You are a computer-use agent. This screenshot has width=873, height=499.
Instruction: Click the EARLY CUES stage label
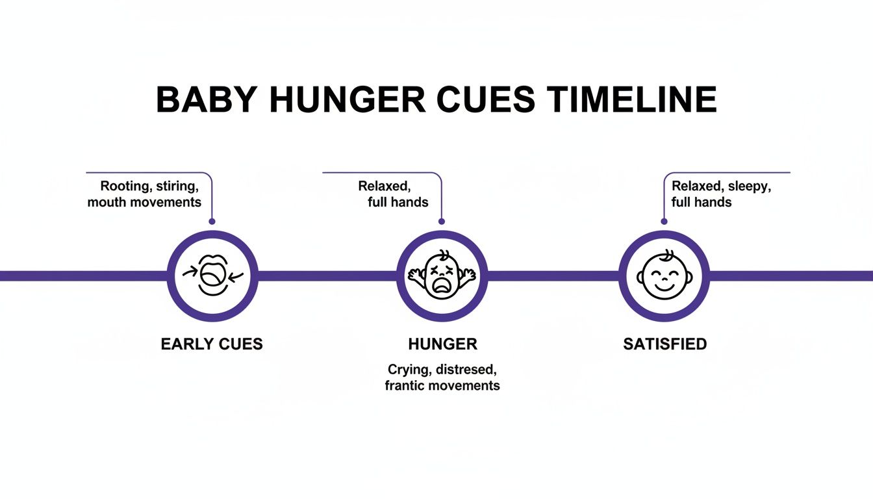tap(212, 344)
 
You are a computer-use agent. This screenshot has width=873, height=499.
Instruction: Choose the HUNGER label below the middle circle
tap(442, 344)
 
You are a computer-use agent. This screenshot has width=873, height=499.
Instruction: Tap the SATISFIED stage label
tap(664, 344)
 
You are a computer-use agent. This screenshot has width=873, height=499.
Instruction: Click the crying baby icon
tap(442, 275)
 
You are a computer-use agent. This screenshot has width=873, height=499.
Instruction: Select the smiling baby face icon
tap(664, 275)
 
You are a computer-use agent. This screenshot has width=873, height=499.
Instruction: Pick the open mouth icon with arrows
tap(212, 275)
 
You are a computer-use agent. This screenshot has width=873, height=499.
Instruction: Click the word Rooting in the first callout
tap(123, 186)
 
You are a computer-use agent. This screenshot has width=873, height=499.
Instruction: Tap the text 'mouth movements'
tap(144, 202)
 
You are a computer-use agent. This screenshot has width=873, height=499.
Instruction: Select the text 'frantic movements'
tap(442, 385)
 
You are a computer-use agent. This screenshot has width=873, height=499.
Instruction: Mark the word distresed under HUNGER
tap(467, 370)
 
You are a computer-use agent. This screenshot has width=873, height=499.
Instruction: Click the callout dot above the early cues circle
tap(212, 222)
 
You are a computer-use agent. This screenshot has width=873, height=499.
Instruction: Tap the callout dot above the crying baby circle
tap(442, 222)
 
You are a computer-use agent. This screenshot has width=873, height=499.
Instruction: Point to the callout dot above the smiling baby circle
tap(664, 222)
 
